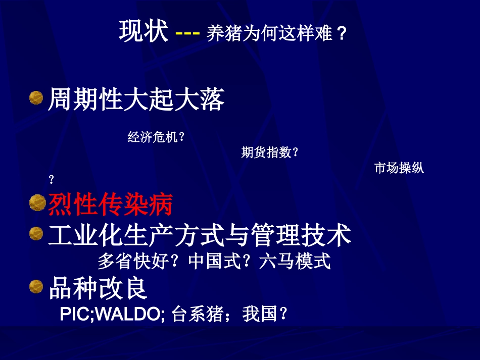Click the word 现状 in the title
pyautogui.click(x=143, y=31)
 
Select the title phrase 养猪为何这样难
pyautogui.click(x=270, y=34)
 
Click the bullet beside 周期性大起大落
pyautogui.click(x=36, y=97)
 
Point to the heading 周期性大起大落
pyautogui.click(x=136, y=99)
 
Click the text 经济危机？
pyautogui.click(x=156, y=137)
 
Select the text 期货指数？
pyautogui.click(x=270, y=152)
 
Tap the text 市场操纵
pyautogui.click(x=399, y=168)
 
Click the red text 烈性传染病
pyautogui.click(x=111, y=204)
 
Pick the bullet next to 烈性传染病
pyautogui.click(x=36, y=203)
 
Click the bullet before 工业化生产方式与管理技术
pyautogui.click(x=36, y=233)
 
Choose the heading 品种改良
pyautogui.click(x=98, y=288)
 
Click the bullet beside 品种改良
pyautogui.click(x=36, y=286)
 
